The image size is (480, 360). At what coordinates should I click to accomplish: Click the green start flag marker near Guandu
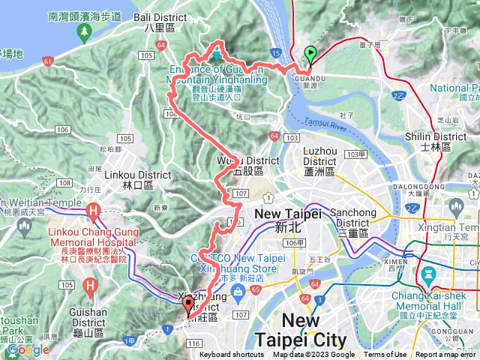point(310,55)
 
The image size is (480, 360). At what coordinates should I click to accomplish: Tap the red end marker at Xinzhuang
point(187,305)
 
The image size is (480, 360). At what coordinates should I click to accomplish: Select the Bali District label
point(159,20)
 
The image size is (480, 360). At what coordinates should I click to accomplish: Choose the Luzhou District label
point(319,156)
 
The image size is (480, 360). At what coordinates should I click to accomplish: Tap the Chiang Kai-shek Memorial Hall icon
point(428,273)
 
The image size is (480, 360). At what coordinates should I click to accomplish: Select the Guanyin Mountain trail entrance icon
point(216,55)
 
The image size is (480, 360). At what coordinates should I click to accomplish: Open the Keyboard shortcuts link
point(231,355)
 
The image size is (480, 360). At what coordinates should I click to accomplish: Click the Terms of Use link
point(385,355)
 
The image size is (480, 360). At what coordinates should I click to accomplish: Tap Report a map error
point(446,355)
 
